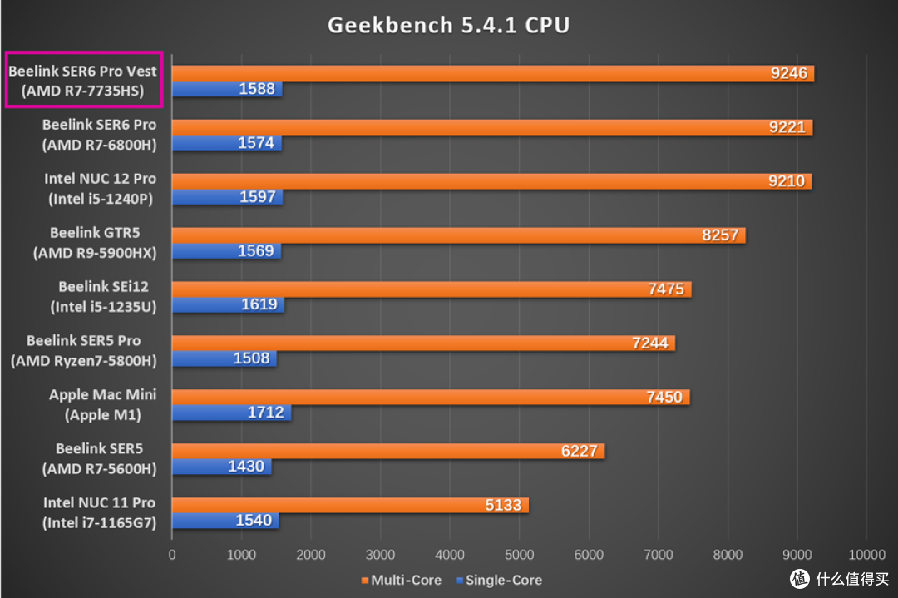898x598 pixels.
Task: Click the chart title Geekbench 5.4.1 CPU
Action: pyautogui.click(x=448, y=25)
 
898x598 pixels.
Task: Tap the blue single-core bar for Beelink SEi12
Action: pyautogui.click(x=228, y=304)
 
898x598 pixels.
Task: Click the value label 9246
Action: pyautogui.click(x=788, y=73)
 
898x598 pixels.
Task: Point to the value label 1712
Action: pyautogui.click(x=265, y=413)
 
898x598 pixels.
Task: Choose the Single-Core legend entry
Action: pyautogui.click(x=498, y=580)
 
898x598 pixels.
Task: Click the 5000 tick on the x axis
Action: pyautogui.click(x=519, y=555)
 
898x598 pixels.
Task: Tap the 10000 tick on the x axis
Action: pyautogui.click(x=866, y=555)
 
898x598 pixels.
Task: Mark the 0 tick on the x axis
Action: pyautogui.click(x=172, y=555)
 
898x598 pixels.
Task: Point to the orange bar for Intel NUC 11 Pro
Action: pyautogui.click(x=350, y=505)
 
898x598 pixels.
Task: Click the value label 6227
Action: pyautogui.click(x=580, y=451)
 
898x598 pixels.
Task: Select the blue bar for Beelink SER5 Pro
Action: pyautogui.click(x=224, y=358)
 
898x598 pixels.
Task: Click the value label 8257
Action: pyautogui.click(x=720, y=235)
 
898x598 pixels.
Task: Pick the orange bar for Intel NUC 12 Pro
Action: pyautogui.click(x=491, y=181)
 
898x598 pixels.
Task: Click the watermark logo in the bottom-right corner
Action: pyautogui.click(x=839, y=577)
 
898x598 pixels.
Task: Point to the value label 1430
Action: pyautogui.click(x=246, y=467)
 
